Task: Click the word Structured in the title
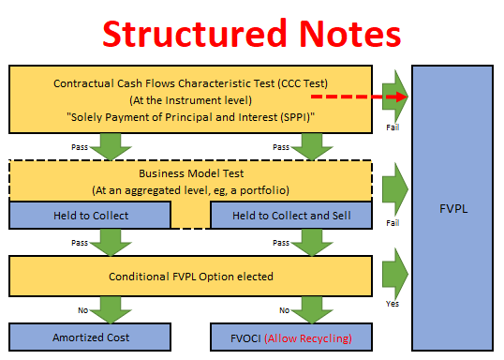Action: click(x=195, y=34)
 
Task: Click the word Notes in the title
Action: click(x=350, y=34)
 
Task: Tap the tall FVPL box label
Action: click(x=453, y=209)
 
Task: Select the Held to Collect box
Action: click(x=90, y=215)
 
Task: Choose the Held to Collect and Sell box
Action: click(x=291, y=215)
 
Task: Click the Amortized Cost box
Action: click(x=90, y=337)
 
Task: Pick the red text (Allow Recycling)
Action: click(x=308, y=338)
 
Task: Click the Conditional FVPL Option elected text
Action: click(x=191, y=277)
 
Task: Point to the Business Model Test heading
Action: click(x=191, y=173)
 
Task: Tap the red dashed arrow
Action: click(x=360, y=97)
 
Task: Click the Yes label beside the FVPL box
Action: click(x=393, y=304)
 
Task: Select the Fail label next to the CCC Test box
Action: click(x=393, y=127)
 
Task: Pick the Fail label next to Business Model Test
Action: click(x=393, y=223)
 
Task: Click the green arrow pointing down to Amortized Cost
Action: click(x=111, y=309)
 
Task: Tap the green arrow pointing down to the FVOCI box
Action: click(x=312, y=309)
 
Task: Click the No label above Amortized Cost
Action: click(x=83, y=310)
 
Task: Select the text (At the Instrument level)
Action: click(x=190, y=100)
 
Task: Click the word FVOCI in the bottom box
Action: click(x=245, y=338)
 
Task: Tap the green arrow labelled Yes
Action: click(x=395, y=274)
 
